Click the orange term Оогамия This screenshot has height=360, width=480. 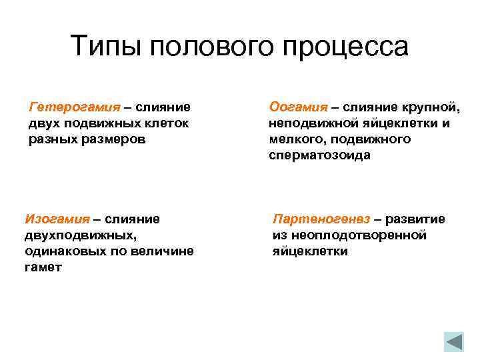(x=298, y=106)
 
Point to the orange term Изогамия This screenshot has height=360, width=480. (x=57, y=219)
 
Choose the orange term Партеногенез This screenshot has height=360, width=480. (x=322, y=219)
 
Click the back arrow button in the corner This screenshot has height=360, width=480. (x=454, y=342)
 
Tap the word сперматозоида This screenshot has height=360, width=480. (x=319, y=155)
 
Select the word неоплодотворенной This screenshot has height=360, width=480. (x=349, y=235)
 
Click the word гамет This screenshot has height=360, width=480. (x=44, y=267)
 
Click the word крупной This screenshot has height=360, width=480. (x=429, y=106)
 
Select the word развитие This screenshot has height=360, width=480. (x=418, y=219)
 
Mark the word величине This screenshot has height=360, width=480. (x=165, y=251)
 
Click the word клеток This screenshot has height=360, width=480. (x=167, y=123)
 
